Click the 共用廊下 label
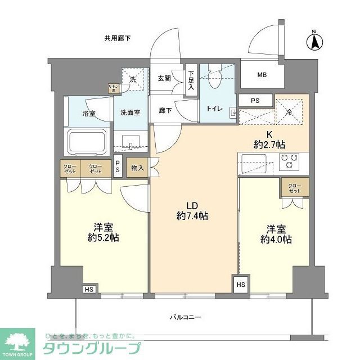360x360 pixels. pos(117,38)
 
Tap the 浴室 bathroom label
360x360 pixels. pos(88,113)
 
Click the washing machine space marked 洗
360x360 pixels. pos(133,80)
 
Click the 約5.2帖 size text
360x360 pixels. pos(103,238)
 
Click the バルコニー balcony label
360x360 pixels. pos(186,317)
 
